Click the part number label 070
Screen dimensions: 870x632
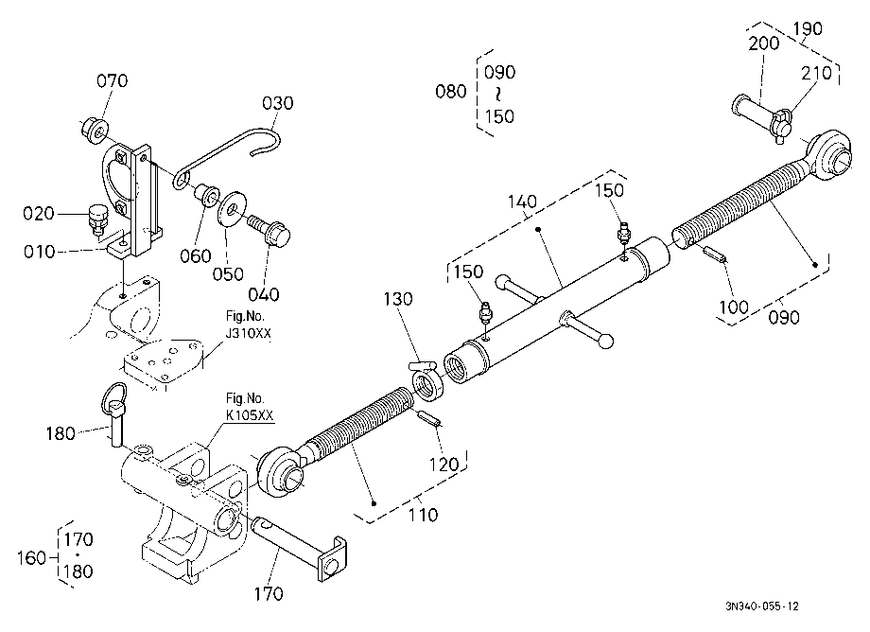pos(113,81)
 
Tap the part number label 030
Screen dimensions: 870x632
pos(277,103)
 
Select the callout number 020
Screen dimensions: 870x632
pos(38,214)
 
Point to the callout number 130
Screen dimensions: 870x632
pos(398,299)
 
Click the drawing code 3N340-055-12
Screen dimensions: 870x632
pos(762,606)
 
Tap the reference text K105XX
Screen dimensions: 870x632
pos(250,415)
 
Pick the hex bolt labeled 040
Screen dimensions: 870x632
pos(270,230)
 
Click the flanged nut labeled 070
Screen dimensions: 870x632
pos(94,130)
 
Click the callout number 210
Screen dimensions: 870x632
pos(816,73)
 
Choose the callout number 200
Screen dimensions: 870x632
pos(763,44)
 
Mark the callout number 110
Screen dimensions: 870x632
pos(423,515)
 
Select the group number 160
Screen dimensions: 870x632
pos(31,557)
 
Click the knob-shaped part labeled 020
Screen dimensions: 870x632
pos(97,219)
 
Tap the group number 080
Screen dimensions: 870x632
pos(450,92)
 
